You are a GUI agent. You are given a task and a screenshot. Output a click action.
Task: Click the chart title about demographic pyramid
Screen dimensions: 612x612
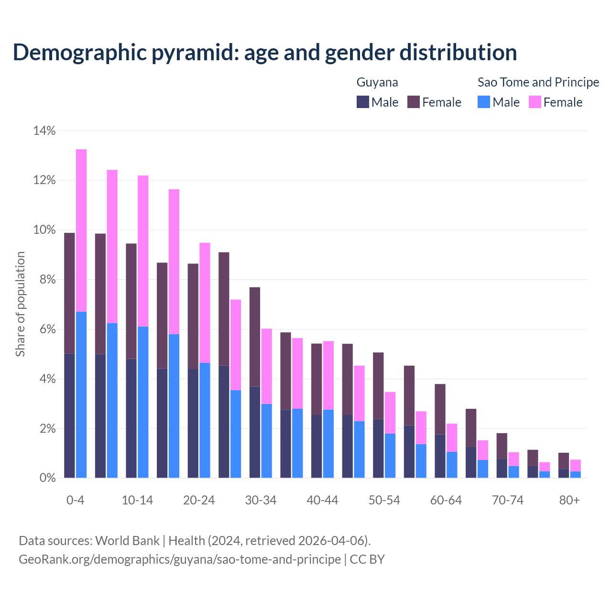tap(265, 53)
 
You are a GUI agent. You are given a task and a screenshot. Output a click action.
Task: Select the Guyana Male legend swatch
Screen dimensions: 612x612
tap(363, 102)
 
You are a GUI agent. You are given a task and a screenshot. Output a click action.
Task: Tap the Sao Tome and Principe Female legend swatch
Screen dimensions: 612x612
tap(535, 102)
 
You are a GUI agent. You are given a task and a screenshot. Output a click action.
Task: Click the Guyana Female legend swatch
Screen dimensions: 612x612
tap(414, 102)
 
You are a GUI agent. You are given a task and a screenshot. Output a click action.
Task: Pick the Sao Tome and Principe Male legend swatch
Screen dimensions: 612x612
tap(484, 102)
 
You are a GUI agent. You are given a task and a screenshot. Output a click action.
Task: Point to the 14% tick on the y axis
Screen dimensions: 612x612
tap(44, 131)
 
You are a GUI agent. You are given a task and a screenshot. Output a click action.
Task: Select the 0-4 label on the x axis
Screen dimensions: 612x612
tap(76, 500)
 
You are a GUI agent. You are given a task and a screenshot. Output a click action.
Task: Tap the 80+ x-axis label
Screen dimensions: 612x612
tap(569, 500)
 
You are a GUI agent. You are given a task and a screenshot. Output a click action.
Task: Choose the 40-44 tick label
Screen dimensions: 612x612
tap(322, 500)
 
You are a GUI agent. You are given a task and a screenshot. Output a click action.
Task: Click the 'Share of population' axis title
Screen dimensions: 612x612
tap(21, 304)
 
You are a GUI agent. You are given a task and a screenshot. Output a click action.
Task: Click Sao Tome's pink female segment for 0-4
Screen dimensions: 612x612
tap(81, 229)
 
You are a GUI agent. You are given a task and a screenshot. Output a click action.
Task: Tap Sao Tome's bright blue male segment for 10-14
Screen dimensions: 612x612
tap(143, 402)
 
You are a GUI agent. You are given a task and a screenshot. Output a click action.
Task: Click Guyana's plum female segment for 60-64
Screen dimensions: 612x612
tap(440, 409)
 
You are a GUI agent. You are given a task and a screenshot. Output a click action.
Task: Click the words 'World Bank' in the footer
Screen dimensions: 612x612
tap(127, 541)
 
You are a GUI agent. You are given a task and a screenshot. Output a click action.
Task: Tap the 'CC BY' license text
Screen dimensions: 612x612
tap(367, 559)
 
